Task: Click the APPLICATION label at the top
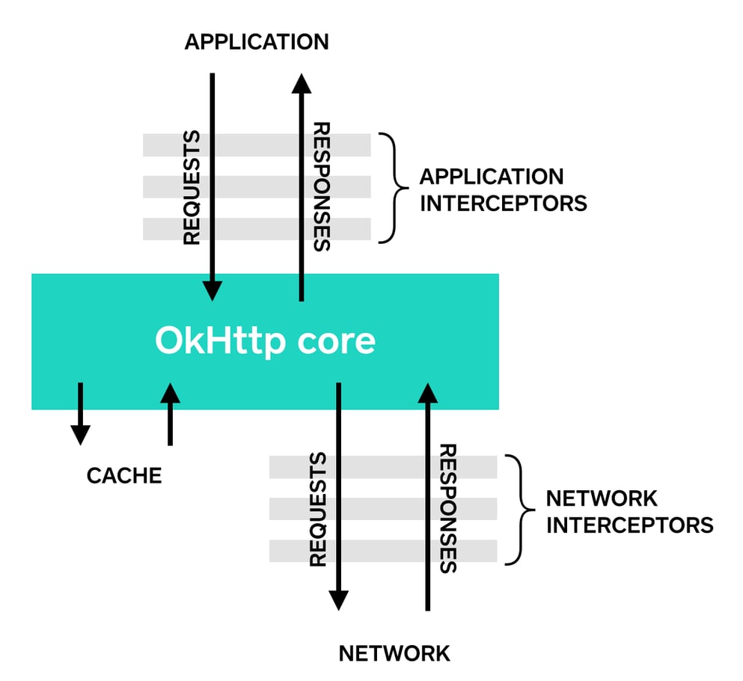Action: [x=257, y=42]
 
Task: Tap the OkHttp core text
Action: [x=266, y=340]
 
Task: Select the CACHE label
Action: [x=124, y=476]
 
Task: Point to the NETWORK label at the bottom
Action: [x=394, y=654]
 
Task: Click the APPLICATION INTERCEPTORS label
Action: [x=504, y=190]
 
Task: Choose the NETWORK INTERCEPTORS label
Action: [x=630, y=512]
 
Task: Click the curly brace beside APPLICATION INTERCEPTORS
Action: [x=394, y=188]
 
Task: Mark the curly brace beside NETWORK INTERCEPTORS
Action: [x=521, y=510]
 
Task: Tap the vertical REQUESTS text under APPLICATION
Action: [x=192, y=188]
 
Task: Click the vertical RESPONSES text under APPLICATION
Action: [x=322, y=187]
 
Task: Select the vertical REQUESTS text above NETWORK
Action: [x=319, y=510]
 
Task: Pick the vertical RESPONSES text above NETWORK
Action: [x=448, y=508]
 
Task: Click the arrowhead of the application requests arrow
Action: [x=212, y=291]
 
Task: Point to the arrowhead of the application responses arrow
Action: [x=302, y=83]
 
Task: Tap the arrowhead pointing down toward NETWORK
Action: [x=338, y=601]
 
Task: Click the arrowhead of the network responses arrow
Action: [x=428, y=393]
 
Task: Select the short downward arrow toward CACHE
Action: [x=81, y=414]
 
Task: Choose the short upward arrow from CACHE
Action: [x=170, y=414]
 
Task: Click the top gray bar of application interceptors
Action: [x=257, y=145]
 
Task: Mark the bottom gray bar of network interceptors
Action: [x=383, y=551]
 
